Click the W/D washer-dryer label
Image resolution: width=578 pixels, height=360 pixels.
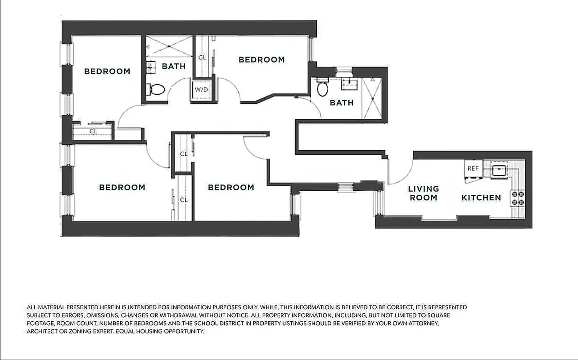201,89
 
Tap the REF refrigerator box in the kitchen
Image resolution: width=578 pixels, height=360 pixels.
473,169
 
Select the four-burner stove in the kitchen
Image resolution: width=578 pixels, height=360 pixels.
517,198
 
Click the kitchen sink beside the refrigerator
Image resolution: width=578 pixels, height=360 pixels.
498,170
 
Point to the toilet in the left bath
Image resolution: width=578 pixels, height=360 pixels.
157,89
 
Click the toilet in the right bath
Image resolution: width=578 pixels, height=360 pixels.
322,88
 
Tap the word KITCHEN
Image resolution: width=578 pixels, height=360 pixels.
481,198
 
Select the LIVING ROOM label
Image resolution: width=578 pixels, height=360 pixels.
423,193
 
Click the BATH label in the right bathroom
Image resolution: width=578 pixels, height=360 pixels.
342,103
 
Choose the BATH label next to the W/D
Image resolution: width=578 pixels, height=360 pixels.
173,66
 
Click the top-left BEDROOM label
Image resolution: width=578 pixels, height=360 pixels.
107,71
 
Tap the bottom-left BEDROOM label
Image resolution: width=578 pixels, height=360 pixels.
122,187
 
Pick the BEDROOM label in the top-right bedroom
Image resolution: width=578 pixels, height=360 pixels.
262,59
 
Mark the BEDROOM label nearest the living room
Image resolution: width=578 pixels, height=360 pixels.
230,187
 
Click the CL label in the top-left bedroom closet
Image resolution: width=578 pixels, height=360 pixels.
93,131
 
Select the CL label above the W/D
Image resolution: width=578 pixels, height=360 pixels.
202,58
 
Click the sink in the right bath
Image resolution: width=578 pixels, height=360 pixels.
348,84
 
